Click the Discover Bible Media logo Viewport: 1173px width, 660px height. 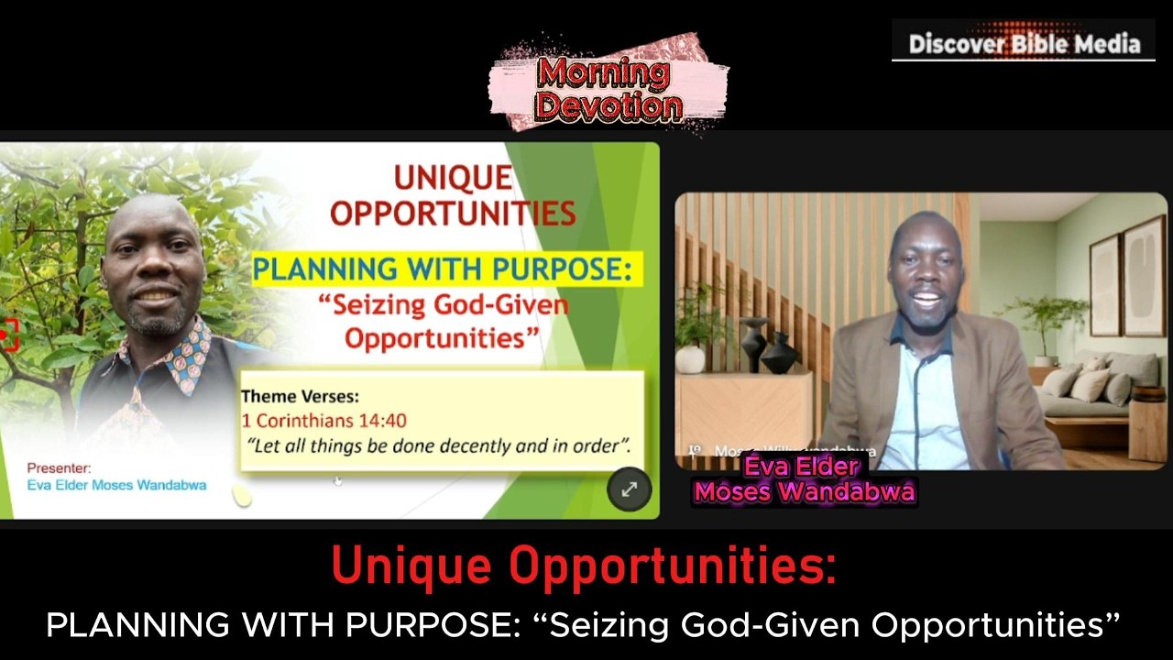coord(1024,43)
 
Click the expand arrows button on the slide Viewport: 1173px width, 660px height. coord(629,489)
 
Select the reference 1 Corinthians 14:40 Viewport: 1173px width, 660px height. coord(323,421)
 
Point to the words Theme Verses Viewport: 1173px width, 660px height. coord(300,397)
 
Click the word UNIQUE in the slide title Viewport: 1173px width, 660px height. coord(452,178)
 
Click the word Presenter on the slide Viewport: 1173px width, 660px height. coord(59,467)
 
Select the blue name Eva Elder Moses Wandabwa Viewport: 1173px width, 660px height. coord(116,485)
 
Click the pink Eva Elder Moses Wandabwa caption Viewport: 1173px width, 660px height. coord(804,480)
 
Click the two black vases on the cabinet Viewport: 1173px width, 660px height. coord(768,346)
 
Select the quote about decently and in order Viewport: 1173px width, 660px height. coord(439,446)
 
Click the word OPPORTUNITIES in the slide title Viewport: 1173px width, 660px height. coord(452,213)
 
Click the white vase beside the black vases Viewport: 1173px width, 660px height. coord(691,358)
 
